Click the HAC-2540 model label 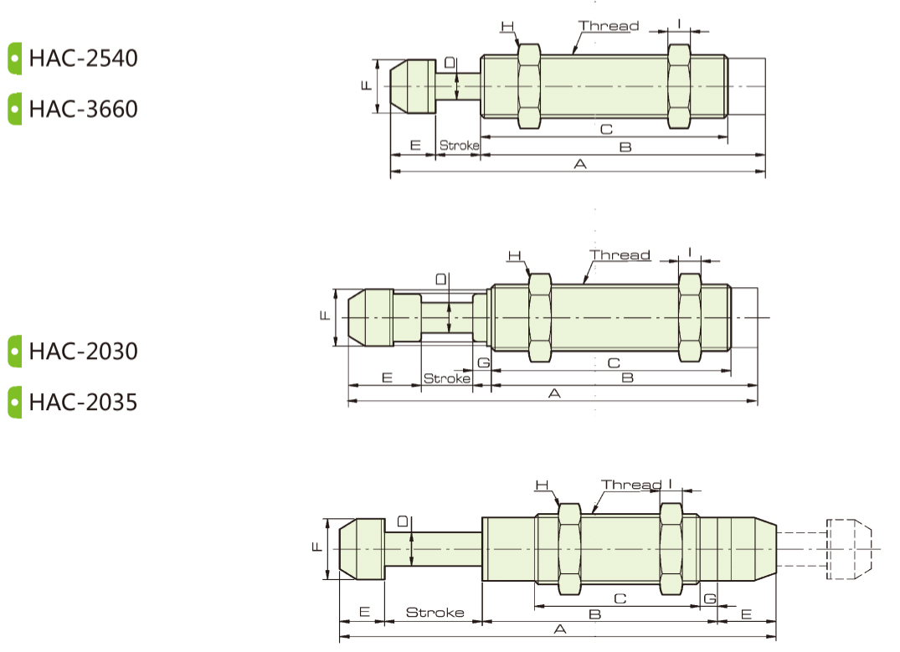coord(83,58)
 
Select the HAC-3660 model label coord(83,109)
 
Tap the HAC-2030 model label coord(83,352)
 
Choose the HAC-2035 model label coord(83,403)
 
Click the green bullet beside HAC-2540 coord(15,58)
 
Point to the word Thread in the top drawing coord(609,26)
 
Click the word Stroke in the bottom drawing coord(435,613)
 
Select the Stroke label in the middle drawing coord(446,378)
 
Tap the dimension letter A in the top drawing coord(580,164)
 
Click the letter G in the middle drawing coord(484,362)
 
